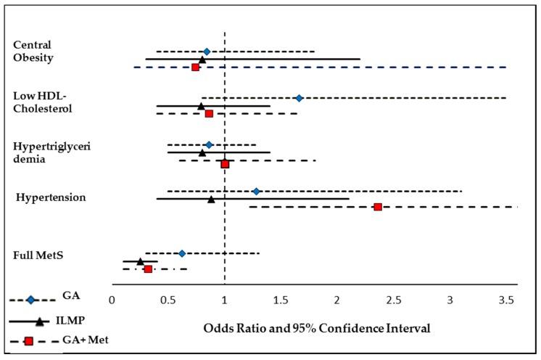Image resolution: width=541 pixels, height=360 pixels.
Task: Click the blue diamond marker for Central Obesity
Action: pyautogui.click(x=207, y=52)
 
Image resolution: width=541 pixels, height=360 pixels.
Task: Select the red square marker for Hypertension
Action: pyautogui.click(x=378, y=207)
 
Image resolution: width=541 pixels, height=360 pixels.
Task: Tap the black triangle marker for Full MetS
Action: pyautogui.click(x=140, y=261)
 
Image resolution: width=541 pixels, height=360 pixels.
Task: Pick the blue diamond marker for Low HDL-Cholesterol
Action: pyautogui.click(x=299, y=97)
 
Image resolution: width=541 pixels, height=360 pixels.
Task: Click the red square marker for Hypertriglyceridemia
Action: pyautogui.click(x=225, y=164)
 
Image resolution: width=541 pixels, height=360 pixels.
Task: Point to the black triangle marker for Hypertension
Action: pyautogui.click(x=211, y=199)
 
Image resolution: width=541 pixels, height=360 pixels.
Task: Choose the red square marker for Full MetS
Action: pyautogui.click(x=148, y=269)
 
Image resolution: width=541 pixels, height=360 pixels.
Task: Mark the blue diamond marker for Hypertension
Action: pyautogui.click(x=256, y=192)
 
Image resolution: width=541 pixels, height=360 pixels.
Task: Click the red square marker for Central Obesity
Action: pyautogui.click(x=195, y=67)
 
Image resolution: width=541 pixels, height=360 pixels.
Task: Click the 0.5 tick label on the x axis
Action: pyautogui.click(x=168, y=299)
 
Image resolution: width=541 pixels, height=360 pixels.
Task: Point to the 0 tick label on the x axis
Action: pyautogui.click(x=112, y=299)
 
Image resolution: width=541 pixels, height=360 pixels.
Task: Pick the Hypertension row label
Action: pyautogui.click(x=51, y=197)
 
